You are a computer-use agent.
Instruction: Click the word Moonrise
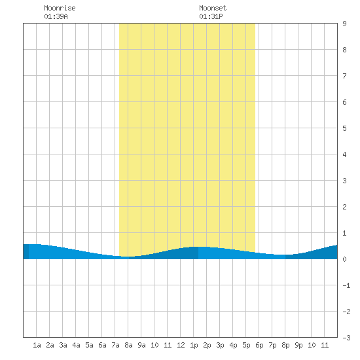click(x=60, y=8)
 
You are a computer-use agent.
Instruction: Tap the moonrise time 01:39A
click(x=56, y=16)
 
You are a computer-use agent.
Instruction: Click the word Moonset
click(x=213, y=8)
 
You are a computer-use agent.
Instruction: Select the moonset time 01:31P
click(x=211, y=16)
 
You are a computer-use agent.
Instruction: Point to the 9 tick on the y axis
click(x=344, y=24)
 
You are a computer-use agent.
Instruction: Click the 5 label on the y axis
click(x=344, y=128)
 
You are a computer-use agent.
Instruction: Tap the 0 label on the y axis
click(x=344, y=259)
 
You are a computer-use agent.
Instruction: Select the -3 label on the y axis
click(x=346, y=338)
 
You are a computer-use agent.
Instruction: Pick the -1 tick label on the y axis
click(x=346, y=285)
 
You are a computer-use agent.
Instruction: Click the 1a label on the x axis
click(x=37, y=345)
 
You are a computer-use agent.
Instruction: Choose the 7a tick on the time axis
click(x=115, y=345)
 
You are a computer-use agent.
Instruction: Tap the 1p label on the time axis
click(x=194, y=345)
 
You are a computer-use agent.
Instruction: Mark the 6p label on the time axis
click(x=259, y=345)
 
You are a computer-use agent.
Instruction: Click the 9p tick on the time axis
click(x=298, y=345)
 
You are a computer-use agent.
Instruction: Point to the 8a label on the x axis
click(x=128, y=345)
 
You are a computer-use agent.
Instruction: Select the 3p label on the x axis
click(x=220, y=345)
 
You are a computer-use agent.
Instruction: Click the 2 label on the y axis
click(x=344, y=207)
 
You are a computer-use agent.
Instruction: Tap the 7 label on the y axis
click(x=344, y=76)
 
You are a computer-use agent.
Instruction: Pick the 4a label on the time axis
click(x=76, y=345)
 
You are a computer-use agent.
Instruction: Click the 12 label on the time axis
click(x=181, y=345)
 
